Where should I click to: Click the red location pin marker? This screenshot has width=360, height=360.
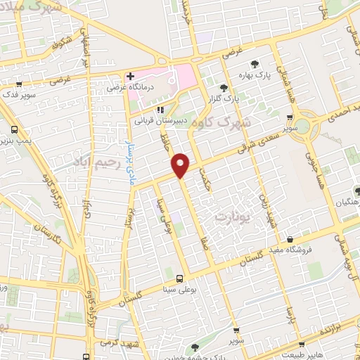click(x=181, y=165)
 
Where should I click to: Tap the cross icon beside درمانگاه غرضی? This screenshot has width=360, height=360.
click(x=131, y=76)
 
